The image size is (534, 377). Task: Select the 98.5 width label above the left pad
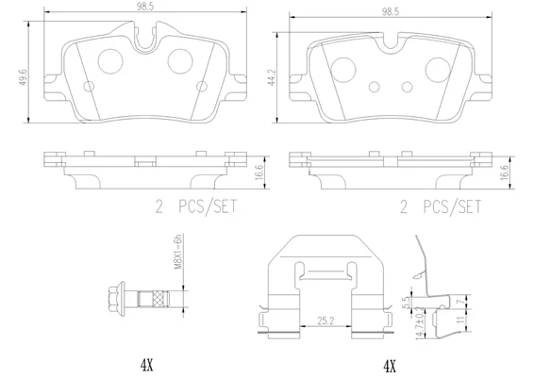coord(145,7)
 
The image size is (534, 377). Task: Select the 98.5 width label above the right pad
coord(391,12)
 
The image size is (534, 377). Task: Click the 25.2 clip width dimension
coord(325,320)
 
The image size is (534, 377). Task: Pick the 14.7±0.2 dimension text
coord(421,322)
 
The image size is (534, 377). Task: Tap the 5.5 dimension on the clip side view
coord(406,302)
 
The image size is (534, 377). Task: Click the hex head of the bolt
coord(115,299)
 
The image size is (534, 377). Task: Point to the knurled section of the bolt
coord(160,299)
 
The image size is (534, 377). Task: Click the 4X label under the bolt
coord(147,366)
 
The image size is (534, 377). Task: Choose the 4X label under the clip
coord(390,367)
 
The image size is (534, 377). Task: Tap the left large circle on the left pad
coord(110,61)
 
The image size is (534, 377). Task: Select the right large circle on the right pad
coord(438,70)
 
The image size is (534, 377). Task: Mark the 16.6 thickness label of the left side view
coord(259,172)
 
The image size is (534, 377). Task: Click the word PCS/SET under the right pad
coord(452,206)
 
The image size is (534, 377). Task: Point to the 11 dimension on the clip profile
coord(460,320)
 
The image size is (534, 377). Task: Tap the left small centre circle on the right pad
coord(374,87)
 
